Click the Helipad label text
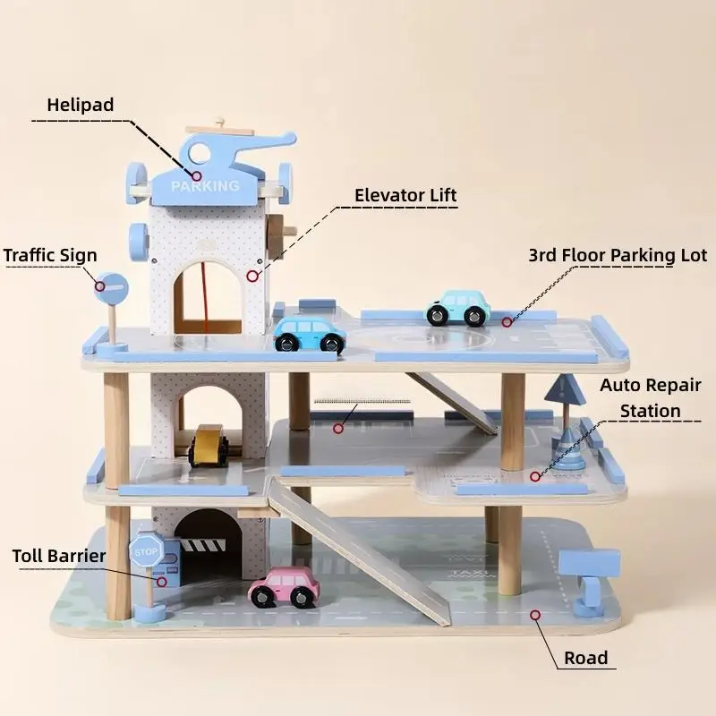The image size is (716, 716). pyautogui.click(x=81, y=105)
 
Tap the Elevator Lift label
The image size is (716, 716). pyautogui.click(x=405, y=195)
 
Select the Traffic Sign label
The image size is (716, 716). pyautogui.click(x=50, y=255)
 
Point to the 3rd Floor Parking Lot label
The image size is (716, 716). pyautogui.click(x=618, y=255)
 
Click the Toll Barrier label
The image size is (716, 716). pyautogui.click(x=59, y=556)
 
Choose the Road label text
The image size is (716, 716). pyautogui.click(x=586, y=658)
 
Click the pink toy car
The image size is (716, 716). pyautogui.click(x=284, y=587)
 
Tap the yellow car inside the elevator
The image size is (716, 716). pyautogui.click(x=209, y=446)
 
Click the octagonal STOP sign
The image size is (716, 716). pyautogui.click(x=146, y=552)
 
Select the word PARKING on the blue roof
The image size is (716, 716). pyautogui.click(x=206, y=186)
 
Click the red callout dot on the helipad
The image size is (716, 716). pyautogui.click(x=196, y=175)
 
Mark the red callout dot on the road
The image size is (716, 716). pyautogui.click(x=535, y=615)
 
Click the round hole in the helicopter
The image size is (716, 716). pyautogui.click(x=199, y=152)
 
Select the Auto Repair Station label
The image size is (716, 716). pyautogui.click(x=651, y=398)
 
